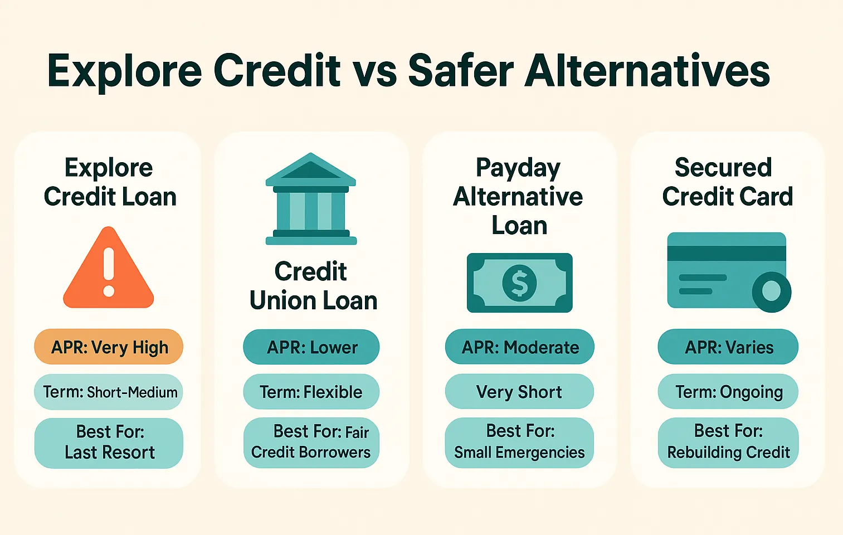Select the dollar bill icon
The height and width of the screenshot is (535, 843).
point(519,283)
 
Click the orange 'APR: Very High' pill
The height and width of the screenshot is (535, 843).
point(109,347)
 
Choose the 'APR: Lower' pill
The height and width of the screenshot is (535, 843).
point(311,347)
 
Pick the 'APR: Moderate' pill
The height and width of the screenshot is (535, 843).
point(519,347)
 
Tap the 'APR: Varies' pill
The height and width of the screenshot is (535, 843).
point(728,347)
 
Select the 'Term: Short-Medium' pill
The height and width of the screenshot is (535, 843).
point(109,392)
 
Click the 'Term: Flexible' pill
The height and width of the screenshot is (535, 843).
point(311,392)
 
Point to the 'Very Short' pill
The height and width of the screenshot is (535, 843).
point(519,392)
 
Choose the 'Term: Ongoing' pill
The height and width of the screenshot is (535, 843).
point(728,392)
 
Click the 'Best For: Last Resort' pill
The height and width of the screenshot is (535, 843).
point(109,442)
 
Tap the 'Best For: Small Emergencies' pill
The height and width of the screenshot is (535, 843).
point(519,442)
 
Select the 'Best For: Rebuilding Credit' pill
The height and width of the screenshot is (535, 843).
point(728,442)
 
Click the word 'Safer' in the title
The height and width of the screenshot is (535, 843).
point(460,71)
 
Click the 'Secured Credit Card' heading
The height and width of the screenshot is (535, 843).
point(727,182)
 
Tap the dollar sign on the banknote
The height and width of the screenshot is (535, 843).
point(519,283)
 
